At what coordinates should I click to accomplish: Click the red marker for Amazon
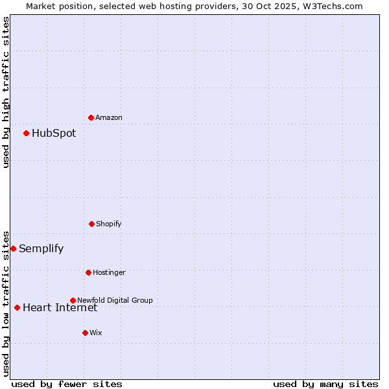click(x=91, y=117)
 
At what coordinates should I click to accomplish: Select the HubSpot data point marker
click(x=26, y=133)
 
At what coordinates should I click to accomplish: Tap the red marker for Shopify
click(x=91, y=224)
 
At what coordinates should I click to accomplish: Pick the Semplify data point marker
click(x=13, y=248)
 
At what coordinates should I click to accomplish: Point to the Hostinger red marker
click(x=88, y=272)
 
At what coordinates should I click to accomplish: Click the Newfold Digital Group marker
click(x=73, y=300)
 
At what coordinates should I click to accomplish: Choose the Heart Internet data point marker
click(x=17, y=307)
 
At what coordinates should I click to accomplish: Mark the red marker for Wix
click(x=85, y=333)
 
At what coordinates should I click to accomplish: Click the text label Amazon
click(x=109, y=117)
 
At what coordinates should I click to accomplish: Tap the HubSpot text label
click(x=54, y=134)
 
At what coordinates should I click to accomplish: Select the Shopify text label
click(x=109, y=224)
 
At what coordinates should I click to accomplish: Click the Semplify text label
click(x=41, y=249)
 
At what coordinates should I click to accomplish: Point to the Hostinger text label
click(x=109, y=272)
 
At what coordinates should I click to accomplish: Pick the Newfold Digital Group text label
click(x=115, y=300)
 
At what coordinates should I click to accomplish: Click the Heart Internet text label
click(x=60, y=307)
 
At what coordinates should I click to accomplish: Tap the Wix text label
click(x=96, y=333)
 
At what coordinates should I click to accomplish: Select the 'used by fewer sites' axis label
click(x=67, y=384)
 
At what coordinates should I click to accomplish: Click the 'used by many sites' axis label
click(x=325, y=384)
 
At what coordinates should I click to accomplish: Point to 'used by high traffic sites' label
click(x=6, y=92)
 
